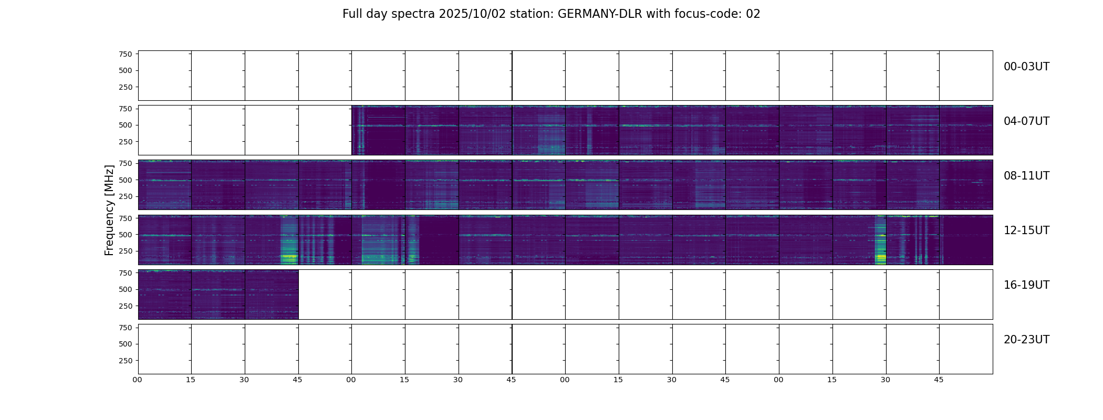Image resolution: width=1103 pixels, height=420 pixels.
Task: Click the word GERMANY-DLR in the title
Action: coord(600,14)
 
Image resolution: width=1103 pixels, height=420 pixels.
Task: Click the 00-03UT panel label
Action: coord(1026,67)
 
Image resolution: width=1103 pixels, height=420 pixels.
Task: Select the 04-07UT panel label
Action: coord(1026,121)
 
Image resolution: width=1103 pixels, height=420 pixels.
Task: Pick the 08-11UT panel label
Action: coord(1026,176)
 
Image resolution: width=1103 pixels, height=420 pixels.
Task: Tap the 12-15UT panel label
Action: coord(1026,230)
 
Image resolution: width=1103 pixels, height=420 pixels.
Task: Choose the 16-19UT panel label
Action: coord(1026,285)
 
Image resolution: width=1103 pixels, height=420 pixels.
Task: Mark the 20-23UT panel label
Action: coord(1026,340)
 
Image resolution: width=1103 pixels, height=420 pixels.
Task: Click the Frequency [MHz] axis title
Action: coord(109,210)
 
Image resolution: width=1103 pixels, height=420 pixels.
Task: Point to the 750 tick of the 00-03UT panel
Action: coord(126,54)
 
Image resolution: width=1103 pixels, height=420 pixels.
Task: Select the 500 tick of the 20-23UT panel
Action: coord(126,344)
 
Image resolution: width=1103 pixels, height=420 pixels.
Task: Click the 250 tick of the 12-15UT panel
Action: coord(126,251)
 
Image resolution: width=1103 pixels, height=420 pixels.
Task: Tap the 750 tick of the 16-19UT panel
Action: coord(126,273)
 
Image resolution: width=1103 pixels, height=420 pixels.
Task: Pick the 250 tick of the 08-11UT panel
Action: coord(126,197)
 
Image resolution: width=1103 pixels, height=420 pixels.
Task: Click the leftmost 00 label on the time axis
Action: coord(138,380)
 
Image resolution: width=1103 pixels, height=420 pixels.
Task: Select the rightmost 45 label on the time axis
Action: coord(939,380)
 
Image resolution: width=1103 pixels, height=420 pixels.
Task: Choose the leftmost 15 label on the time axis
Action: coord(191,380)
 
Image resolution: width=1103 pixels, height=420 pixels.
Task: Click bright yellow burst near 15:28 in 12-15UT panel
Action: coord(880,257)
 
